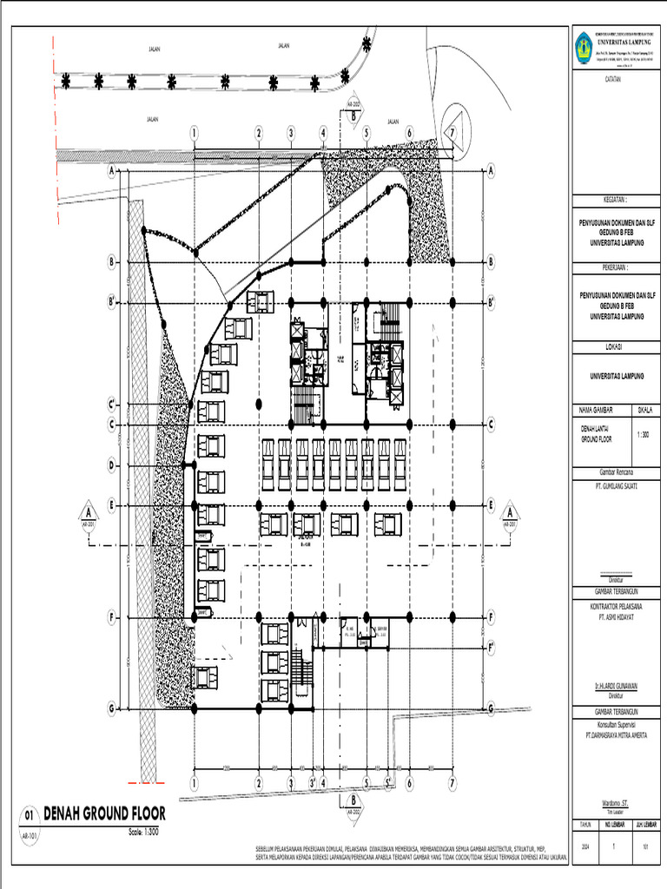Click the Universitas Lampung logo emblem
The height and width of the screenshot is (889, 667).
point(582,45)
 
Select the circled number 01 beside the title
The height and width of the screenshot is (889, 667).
point(29,816)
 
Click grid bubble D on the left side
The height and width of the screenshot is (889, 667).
point(112,465)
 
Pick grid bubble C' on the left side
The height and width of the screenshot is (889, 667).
point(112,404)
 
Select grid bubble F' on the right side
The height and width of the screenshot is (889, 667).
point(491,647)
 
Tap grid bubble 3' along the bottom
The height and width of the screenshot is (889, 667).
point(313,782)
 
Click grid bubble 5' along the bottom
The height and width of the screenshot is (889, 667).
point(390,782)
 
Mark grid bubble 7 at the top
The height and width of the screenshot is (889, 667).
point(452,132)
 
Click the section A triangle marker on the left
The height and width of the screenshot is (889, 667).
point(87,511)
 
